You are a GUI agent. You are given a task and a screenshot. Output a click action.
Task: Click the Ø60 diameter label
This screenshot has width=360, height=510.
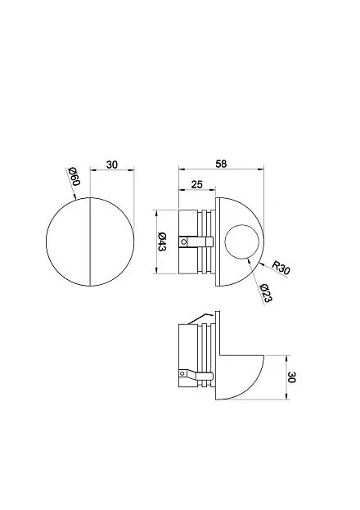[74, 176]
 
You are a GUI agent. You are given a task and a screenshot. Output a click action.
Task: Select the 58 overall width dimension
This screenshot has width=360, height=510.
[221, 164]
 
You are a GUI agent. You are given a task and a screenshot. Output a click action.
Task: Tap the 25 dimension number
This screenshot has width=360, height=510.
[196, 184]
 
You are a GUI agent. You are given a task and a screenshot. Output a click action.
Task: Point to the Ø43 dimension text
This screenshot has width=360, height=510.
[162, 241]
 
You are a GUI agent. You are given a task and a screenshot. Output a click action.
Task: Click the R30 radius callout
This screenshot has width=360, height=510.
[281, 268]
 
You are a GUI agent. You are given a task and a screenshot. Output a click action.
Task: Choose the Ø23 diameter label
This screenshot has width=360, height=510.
[266, 293]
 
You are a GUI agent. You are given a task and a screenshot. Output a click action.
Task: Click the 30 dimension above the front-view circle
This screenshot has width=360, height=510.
[112, 165]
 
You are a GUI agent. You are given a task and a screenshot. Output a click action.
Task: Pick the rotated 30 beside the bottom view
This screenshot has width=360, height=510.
[291, 377]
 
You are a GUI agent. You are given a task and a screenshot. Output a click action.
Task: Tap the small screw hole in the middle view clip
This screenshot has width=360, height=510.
[184, 241]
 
